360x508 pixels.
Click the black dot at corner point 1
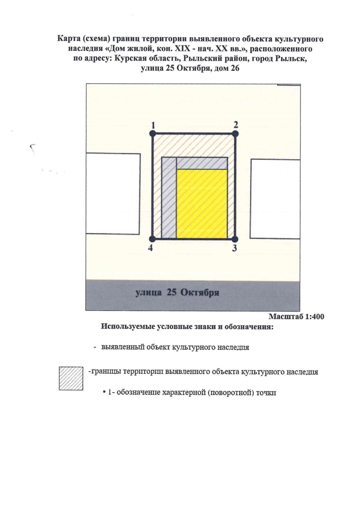[153, 133]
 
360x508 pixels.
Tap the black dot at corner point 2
[235, 133]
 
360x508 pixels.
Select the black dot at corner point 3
[235, 239]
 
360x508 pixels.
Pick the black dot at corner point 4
[152, 239]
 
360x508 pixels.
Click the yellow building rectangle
[201, 204]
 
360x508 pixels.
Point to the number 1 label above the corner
[153, 125]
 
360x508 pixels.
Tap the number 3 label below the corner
[235, 248]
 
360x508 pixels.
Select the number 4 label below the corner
[150, 248]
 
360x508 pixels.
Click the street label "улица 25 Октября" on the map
[177, 293]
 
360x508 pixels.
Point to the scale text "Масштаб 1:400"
[296, 316]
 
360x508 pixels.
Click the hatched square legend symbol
[71, 378]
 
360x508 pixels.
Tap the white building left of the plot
[113, 193]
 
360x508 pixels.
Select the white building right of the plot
[275, 199]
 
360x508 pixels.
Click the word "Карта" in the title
[67, 39]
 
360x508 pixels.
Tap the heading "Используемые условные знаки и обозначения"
[187, 326]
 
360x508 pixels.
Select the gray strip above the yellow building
[201, 163]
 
